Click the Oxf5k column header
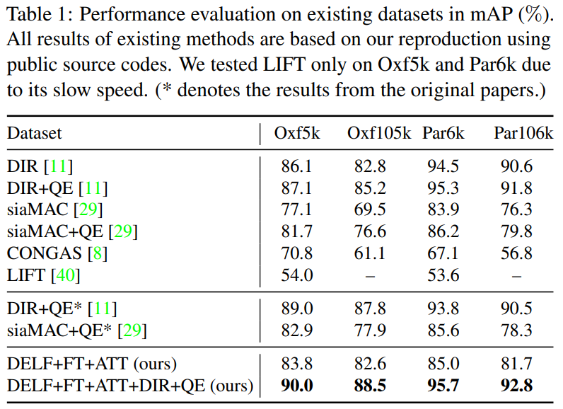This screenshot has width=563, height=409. click(297, 133)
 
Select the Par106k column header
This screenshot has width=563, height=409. click(523, 133)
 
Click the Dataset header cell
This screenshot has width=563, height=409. click(35, 133)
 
